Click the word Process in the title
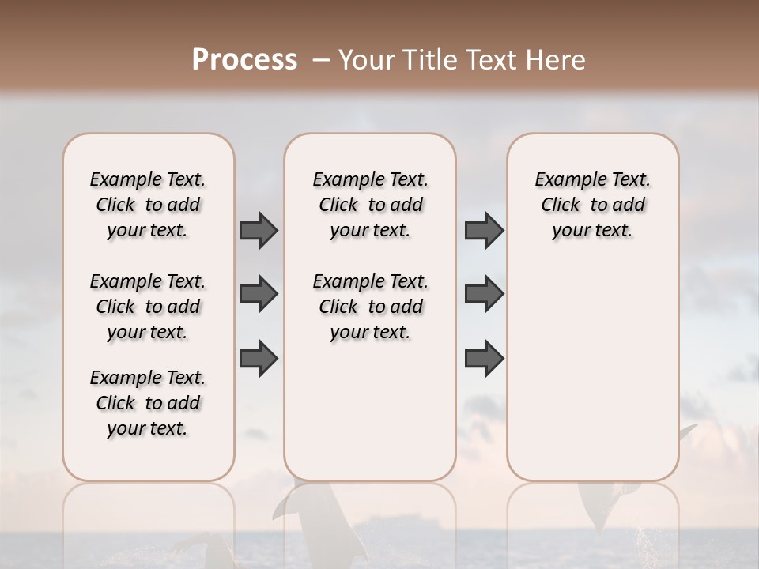point(244,60)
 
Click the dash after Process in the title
point(320,61)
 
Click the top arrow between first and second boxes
point(259,230)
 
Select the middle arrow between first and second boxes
point(259,294)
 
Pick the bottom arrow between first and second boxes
point(259,359)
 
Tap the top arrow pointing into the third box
point(484,230)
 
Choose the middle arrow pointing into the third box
point(484,294)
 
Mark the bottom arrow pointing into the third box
point(484,359)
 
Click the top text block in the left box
point(148,205)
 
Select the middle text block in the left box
point(148,307)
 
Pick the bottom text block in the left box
point(148,403)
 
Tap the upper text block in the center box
point(370,205)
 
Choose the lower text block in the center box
point(370,307)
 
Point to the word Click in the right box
point(561,205)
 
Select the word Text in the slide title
point(492,60)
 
